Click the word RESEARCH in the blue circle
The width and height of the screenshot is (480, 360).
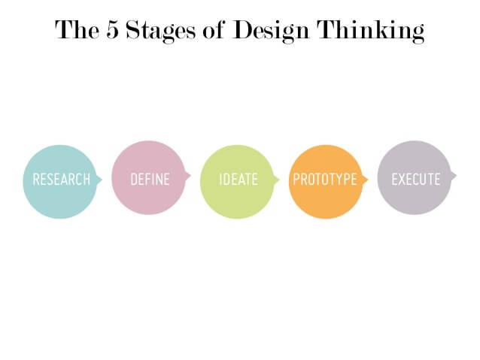pyautogui.click(x=61, y=180)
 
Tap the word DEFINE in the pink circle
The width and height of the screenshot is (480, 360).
pyautogui.click(x=150, y=180)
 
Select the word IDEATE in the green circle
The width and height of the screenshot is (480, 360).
pyautogui.click(x=238, y=180)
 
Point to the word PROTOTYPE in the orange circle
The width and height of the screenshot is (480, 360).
pyautogui.click(x=325, y=180)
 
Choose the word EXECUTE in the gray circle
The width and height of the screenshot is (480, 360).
pyautogui.click(x=416, y=180)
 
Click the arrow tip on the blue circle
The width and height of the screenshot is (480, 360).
pyautogui.click(x=102, y=180)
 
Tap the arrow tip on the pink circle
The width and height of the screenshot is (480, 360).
pyautogui.click(x=190, y=176)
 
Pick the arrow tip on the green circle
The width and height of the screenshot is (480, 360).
pyautogui.click(x=279, y=180)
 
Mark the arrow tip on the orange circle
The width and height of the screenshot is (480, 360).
pyautogui.click(x=368, y=180)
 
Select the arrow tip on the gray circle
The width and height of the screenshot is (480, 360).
pyautogui.click(x=457, y=176)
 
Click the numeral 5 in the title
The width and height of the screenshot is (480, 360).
pyautogui.click(x=112, y=29)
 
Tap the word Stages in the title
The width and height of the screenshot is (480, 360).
pyautogui.click(x=160, y=32)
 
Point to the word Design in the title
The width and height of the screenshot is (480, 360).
pyautogui.click(x=271, y=32)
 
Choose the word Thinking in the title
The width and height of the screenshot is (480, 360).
pyautogui.click(x=370, y=32)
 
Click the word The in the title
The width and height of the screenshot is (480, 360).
pyautogui.click(x=77, y=29)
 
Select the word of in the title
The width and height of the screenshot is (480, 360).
pyautogui.click(x=214, y=29)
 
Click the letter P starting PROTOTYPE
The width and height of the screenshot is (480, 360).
pyautogui.click(x=296, y=180)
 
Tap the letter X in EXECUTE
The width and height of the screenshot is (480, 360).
pyautogui.click(x=402, y=180)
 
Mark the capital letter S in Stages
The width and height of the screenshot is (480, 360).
pyautogui.click(x=132, y=29)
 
